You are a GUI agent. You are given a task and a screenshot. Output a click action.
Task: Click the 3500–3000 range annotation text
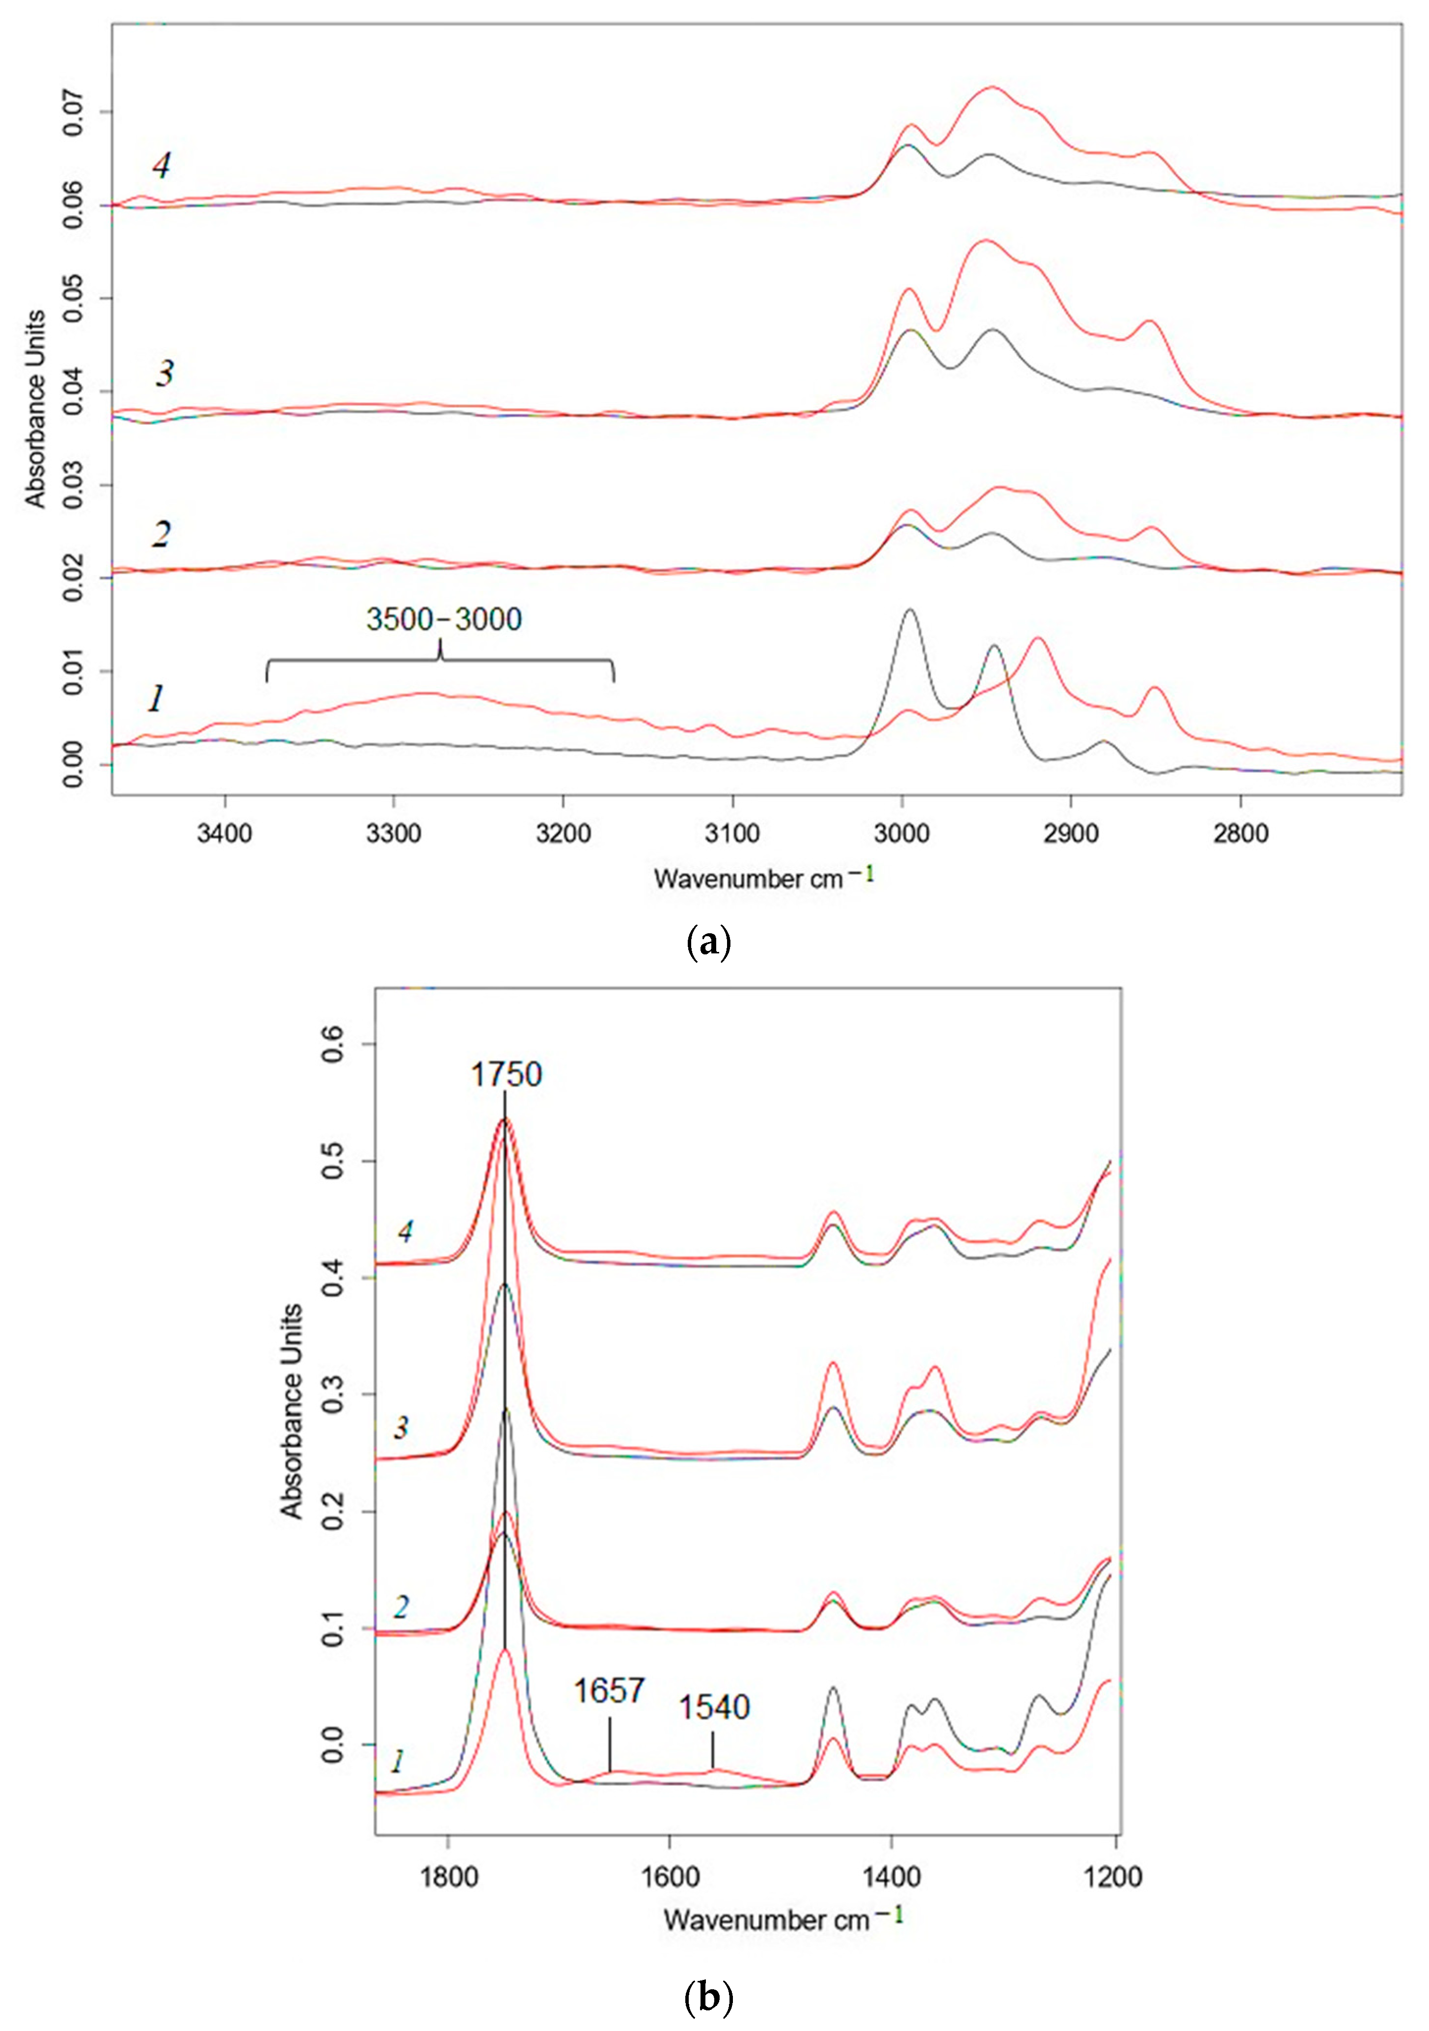click(444, 619)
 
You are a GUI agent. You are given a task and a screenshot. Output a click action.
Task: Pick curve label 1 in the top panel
click(156, 700)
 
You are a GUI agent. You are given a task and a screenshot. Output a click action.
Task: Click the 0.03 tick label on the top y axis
click(73, 485)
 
